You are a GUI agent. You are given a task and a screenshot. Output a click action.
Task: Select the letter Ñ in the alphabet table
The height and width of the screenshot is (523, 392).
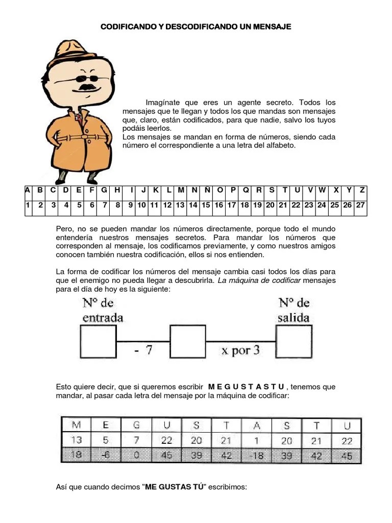coord(207,191)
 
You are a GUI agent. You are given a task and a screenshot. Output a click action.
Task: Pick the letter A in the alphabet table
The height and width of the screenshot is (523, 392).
coord(28,191)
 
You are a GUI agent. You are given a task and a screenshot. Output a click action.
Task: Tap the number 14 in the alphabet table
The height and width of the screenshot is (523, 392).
coord(193,205)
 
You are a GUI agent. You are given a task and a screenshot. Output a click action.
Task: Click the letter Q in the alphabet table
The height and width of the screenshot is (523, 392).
coord(245,191)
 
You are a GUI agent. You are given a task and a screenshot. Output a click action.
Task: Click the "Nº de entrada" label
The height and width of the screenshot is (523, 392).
coord(102,310)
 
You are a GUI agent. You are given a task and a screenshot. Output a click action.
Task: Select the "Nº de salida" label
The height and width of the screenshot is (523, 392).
coord(294,310)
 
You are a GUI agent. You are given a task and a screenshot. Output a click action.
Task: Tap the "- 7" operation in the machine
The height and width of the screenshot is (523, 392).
coord(142,350)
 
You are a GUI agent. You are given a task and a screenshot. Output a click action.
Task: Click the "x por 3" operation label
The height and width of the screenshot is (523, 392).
coord(240,350)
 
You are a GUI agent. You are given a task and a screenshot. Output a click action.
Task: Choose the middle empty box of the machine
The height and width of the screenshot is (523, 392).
coord(187,341)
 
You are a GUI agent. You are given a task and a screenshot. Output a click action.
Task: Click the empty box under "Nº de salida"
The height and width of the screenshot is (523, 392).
coord(294,341)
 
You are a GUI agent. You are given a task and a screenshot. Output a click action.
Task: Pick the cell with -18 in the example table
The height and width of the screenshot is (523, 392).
coord(257,456)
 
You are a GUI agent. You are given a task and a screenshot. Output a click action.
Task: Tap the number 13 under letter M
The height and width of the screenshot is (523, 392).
coord(76,440)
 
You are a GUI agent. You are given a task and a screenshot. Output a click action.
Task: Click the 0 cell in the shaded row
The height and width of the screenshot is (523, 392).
coord(136,456)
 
